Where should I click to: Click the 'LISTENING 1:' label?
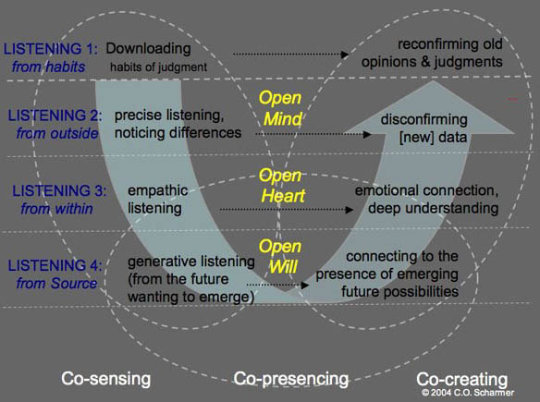coord(51,49)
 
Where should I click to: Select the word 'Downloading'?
coord(148,49)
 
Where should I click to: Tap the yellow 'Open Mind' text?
coord(280,108)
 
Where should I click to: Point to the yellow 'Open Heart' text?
coord(282,186)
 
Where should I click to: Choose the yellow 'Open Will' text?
coord(280,256)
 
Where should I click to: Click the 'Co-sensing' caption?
coord(106,378)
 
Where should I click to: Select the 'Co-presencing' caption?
coord(291,379)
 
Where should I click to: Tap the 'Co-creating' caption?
coord(461,379)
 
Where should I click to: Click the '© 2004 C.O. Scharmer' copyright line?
coord(468,393)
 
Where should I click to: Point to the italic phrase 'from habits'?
coord(49,67)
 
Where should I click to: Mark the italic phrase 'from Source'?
coord(56,284)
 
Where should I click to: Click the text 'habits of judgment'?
coord(158,67)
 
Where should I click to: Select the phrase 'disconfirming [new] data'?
coord(424,128)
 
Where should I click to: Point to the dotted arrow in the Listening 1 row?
coord(291,54)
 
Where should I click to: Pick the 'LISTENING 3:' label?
coord(59,190)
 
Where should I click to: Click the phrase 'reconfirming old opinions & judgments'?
coord(432,53)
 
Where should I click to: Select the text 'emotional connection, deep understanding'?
coord(426,200)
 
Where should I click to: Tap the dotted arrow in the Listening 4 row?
coord(277,285)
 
